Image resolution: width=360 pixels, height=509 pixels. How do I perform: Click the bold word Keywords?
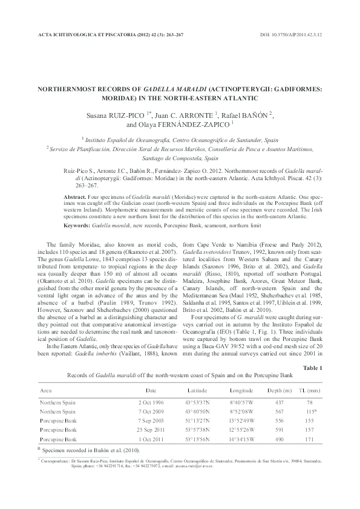click(77, 224)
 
